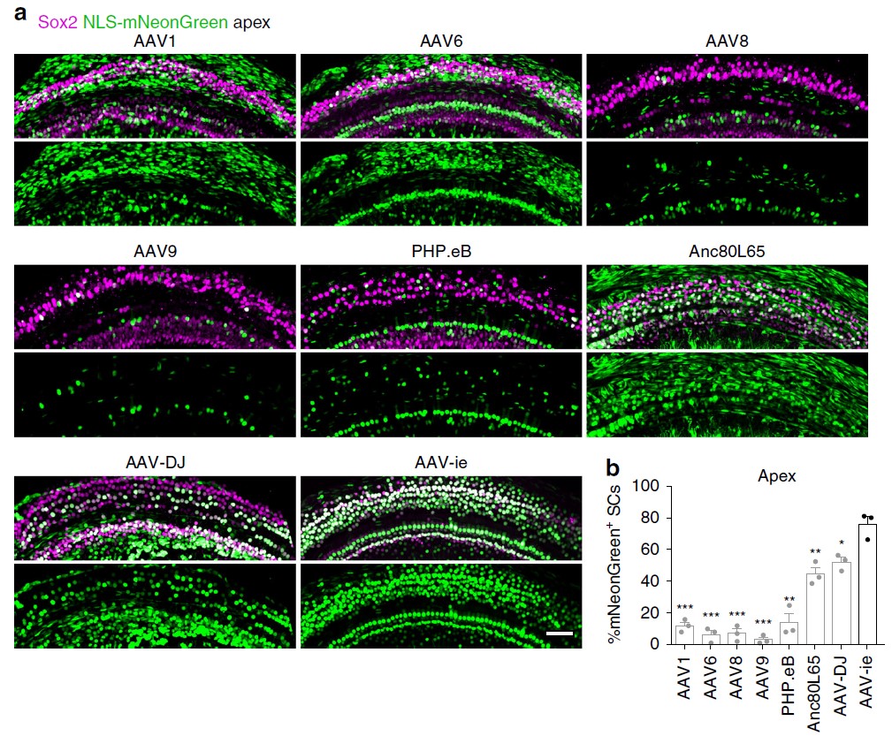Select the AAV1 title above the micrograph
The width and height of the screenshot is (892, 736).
point(156,42)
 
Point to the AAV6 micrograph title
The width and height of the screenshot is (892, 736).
point(441,42)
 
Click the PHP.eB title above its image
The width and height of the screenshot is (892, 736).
point(441,251)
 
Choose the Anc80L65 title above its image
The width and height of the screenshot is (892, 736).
point(727,251)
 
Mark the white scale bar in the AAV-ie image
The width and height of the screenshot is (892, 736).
point(559,634)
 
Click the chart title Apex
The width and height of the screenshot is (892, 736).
point(778,475)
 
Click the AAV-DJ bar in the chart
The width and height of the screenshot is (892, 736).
point(843,603)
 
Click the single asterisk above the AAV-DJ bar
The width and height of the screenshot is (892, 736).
point(843,543)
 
